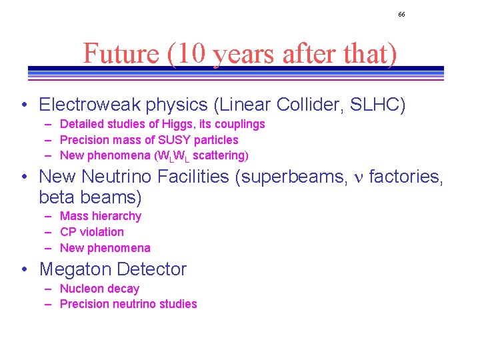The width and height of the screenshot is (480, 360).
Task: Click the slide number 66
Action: click(x=401, y=14)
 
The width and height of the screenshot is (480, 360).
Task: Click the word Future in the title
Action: click(x=121, y=53)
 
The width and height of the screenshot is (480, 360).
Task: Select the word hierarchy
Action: click(x=117, y=216)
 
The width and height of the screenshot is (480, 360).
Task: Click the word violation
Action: click(x=101, y=232)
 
